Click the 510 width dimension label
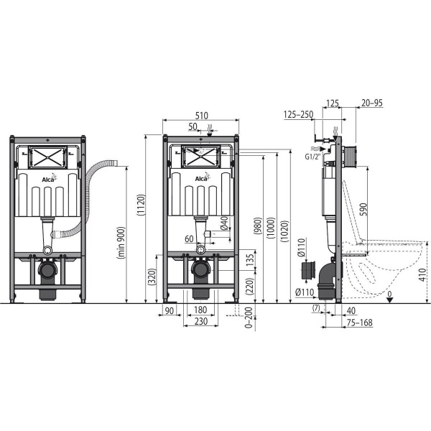click(201, 116)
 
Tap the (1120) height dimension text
click(141, 205)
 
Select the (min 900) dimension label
click(121, 243)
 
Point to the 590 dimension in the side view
click(363, 209)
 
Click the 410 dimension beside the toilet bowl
click(423, 274)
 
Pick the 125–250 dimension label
click(298, 114)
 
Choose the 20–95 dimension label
click(372, 103)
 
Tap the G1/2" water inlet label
click(313, 157)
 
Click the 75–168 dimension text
click(360, 323)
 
